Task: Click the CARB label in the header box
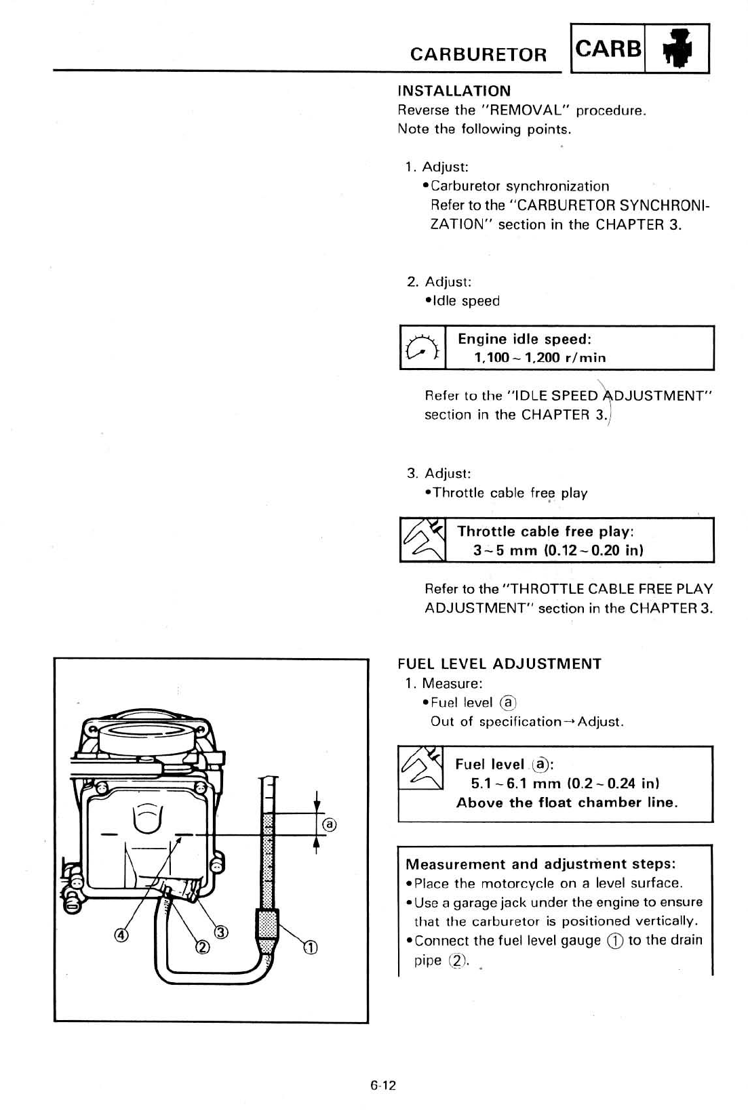pyautogui.click(x=608, y=49)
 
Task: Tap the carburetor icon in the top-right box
pyautogui.click(x=678, y=49)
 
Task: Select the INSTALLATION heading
pyautogui.click(x=454, y=91)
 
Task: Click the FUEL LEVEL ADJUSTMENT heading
pyautogui.click(x=499, y=664)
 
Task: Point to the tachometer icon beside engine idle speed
pyautogui.click(x=422, y=348)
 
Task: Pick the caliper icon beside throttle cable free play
pyautogui.click(x=422, y=540)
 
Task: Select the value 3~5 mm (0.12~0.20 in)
pyautogui.click(x=557, y=550)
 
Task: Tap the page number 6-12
pyautogui.click(x=383, y=1085)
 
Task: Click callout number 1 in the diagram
pyautogui.click(x=309, y=948)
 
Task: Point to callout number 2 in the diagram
pyautogui.click(x=201, y=948)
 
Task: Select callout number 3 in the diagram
pyautogui.click(x=222, y=932)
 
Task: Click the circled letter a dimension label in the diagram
pyautogui.click(x=329, y=825)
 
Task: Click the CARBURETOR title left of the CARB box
pyautogui.click(x=478, y=54)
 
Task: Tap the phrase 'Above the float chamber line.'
pyautogui.click(x=567, y=803)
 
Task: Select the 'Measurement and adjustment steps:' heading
pyautogui.click(x=540, y=864)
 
